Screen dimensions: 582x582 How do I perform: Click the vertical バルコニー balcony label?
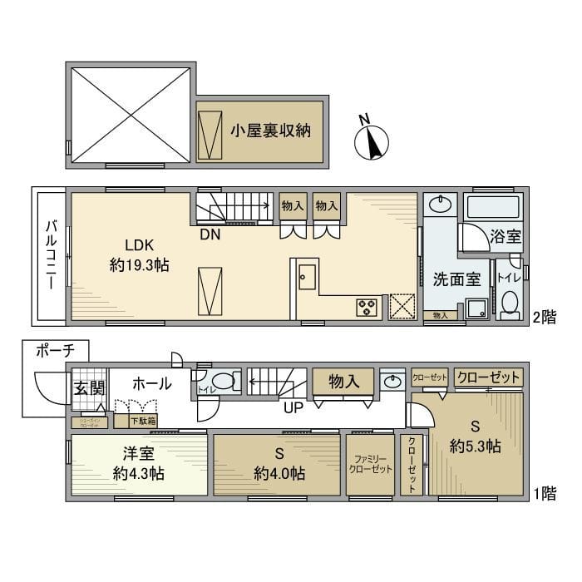52,254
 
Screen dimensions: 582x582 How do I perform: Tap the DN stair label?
210,234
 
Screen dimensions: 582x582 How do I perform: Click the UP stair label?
293,407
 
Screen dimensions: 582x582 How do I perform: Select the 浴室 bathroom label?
506,235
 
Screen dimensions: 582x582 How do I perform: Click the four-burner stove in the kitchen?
366,307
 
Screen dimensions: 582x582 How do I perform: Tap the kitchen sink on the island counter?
305,275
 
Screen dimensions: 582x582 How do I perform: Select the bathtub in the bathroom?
492,207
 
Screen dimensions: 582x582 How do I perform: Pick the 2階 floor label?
544,316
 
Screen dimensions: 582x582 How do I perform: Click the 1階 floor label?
544,493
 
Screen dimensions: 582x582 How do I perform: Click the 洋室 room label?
139,455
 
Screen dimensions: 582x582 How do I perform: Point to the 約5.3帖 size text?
475,446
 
